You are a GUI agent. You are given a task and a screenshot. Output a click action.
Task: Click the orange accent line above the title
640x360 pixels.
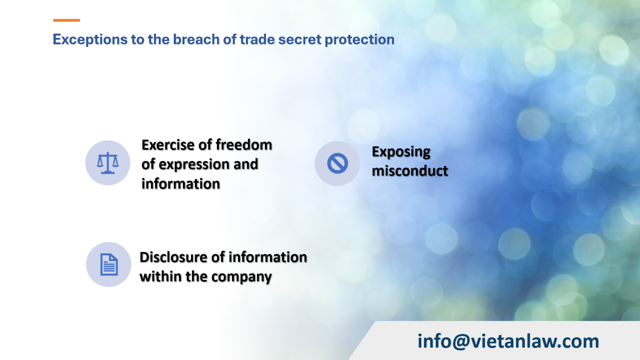pyautogui.click(x=66, y=20)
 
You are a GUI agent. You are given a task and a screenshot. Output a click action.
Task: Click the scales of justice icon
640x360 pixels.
pyautogui.click(x=108, y=163)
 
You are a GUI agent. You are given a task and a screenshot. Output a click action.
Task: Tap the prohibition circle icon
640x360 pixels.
pyautogui.click(x=337, y=163)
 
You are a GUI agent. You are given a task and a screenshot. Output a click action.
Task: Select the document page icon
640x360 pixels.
pyautogui.click(x=109, y=265)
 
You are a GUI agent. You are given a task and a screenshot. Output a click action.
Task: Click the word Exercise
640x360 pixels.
pyautogui.click(x=168, y=145)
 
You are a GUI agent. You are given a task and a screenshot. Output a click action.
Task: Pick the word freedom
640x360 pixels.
pyautogui.click(x=244, y=145)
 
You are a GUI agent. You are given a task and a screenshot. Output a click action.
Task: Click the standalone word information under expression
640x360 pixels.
pyautogui.click(x=180, y=184)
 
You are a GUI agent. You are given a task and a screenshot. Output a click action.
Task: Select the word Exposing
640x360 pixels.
pyautogui.click(x=401, y=152)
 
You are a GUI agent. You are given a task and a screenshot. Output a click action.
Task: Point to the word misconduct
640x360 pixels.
pyautogui.click(x=410, y=171)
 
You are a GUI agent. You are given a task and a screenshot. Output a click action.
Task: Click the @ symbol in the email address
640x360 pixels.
pyautogui.click(x=461, y=342)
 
